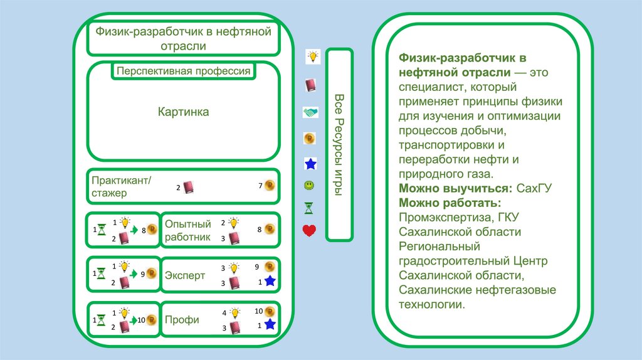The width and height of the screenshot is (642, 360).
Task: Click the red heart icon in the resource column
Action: [309, 231]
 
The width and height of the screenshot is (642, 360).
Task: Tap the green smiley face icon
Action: [309, 186]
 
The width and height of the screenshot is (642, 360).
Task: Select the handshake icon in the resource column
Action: [310, 112]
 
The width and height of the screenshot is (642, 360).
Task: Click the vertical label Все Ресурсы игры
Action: [339, 144]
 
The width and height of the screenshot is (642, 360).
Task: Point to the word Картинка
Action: [183, 112]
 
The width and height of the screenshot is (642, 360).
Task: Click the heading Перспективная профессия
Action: [183, 71]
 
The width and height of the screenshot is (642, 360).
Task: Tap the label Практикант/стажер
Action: [122, 186]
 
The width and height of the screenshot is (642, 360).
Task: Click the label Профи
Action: [182, 320]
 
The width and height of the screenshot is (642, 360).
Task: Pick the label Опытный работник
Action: [187, 230]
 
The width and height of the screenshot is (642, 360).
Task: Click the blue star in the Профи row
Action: [270, 324]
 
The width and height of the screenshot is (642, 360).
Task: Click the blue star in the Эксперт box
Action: [270, 282]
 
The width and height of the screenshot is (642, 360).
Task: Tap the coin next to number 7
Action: [270, 185]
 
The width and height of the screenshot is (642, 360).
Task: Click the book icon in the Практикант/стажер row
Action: [189, 187]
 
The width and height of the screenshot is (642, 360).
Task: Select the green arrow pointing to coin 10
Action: [134, 320]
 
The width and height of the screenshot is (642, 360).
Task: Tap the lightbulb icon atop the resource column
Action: [312, 56]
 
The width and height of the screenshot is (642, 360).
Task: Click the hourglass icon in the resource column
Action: [309, 207]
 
